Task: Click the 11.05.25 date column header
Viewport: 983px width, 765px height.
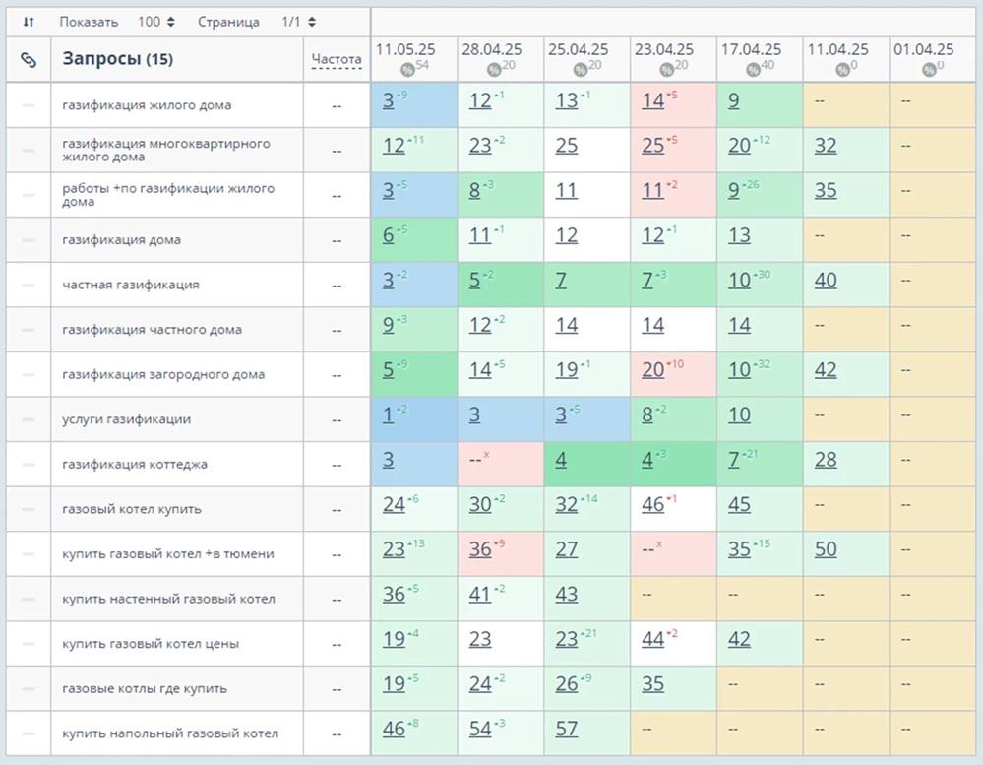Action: click(x=406, y=49)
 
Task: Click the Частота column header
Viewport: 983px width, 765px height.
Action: click(x=337, y=60)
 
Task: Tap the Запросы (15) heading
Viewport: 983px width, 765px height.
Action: click(x=117, y=59)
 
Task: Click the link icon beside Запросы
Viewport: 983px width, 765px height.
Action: click(x=29, y=60)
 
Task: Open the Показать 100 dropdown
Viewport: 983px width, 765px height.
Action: click(x=156, y=22)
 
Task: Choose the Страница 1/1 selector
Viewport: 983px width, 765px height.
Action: click(x=299, y=22)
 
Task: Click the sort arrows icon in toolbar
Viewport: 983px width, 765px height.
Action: click(x=29, y=22)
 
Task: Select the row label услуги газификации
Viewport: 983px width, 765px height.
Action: click(x=126, y=419)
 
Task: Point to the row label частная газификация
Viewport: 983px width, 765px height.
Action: click(x=130, y=285)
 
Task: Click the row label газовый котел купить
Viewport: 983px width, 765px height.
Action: click(x=131, y=509)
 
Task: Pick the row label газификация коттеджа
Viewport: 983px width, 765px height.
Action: click(x=134, y=465)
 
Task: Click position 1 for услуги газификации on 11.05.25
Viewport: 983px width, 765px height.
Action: click(x=388, y=415)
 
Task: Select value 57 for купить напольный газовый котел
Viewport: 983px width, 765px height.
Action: click(x=567, y=730)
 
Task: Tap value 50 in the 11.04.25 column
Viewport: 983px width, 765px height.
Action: click(x=826, y=549)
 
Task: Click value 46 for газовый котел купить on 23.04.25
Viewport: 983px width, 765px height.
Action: click(x=652, y=505)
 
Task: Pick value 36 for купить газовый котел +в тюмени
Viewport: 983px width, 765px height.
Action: click(x=480, y=549)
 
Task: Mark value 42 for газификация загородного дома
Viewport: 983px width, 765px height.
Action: click(x=826, y=370)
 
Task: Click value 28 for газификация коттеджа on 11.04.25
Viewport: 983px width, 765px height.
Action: click(x=826, y=460)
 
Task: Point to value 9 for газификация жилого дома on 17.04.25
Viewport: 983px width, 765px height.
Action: click(x=734, y=100)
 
